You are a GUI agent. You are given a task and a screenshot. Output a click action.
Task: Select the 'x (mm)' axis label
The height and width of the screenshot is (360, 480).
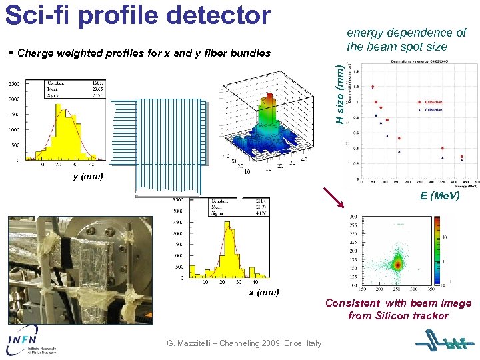[264, 293]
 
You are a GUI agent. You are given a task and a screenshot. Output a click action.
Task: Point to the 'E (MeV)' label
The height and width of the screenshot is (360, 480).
[439, 196]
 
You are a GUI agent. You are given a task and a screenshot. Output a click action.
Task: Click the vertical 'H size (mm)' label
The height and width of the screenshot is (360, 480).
[340, 93]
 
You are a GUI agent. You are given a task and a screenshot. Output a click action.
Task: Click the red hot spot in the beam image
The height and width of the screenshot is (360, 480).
[398, 265]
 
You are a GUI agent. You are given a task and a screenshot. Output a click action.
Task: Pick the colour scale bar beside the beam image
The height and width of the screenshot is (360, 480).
[438, 251]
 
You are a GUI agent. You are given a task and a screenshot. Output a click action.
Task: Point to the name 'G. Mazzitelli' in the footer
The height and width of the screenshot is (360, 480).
[195, 343]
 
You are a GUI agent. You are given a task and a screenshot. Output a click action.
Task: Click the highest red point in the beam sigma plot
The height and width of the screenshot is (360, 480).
[373, 87]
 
